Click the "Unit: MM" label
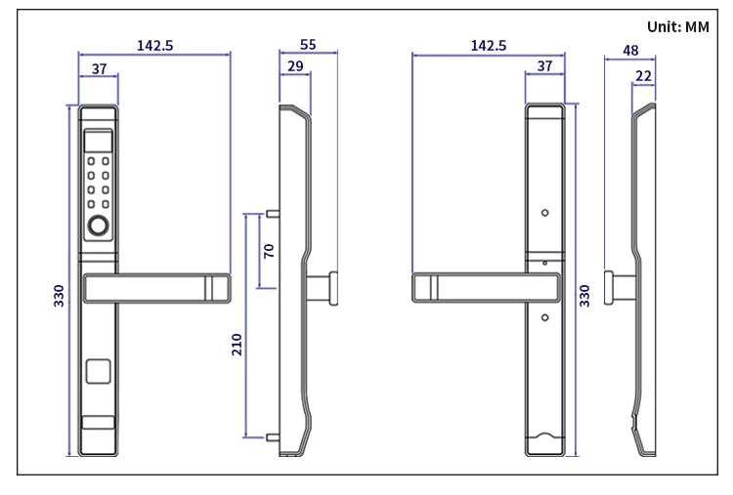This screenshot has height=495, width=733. click(678, 26)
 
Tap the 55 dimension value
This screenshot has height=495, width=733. click(308, 44)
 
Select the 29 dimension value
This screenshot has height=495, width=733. click(295, 66)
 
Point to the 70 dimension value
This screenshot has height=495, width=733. click(269, 251)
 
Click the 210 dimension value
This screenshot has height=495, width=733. click(237, 345)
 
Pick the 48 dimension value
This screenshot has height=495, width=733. click(630, 50)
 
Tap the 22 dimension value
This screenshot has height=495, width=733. click(644, 75)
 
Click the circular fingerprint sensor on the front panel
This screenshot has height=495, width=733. click(98, 226)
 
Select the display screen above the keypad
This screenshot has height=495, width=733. click(98, 142)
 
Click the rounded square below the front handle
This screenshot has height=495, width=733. click(98, 371)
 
